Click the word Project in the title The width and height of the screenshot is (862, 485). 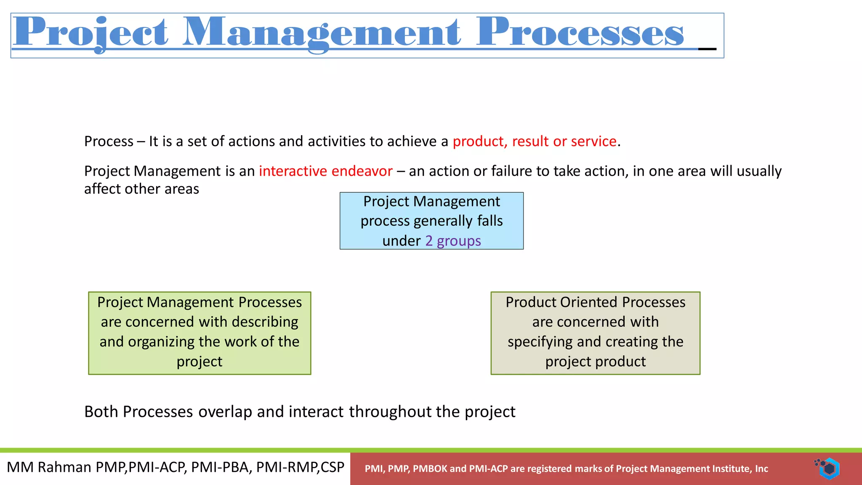click(90, 33)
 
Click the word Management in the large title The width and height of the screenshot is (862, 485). click(322, 33)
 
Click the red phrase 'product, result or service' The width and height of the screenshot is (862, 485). click(535, 141)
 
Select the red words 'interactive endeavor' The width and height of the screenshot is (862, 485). click(325, 171)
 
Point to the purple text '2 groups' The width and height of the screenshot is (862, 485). click(453, 241)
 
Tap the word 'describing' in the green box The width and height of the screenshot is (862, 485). click(265, 322)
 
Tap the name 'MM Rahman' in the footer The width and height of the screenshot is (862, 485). click(49, 467)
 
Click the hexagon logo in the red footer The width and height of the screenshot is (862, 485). click(828, 468)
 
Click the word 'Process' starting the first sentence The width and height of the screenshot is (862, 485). click(109, 141)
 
